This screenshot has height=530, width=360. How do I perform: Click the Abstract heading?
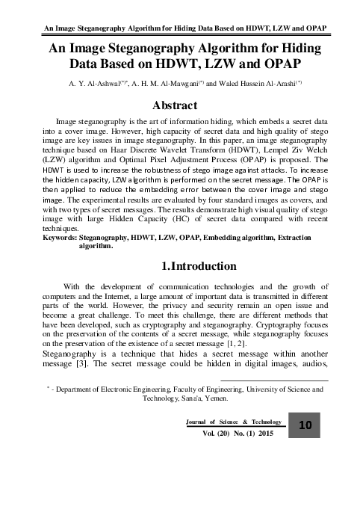[179, 104]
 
